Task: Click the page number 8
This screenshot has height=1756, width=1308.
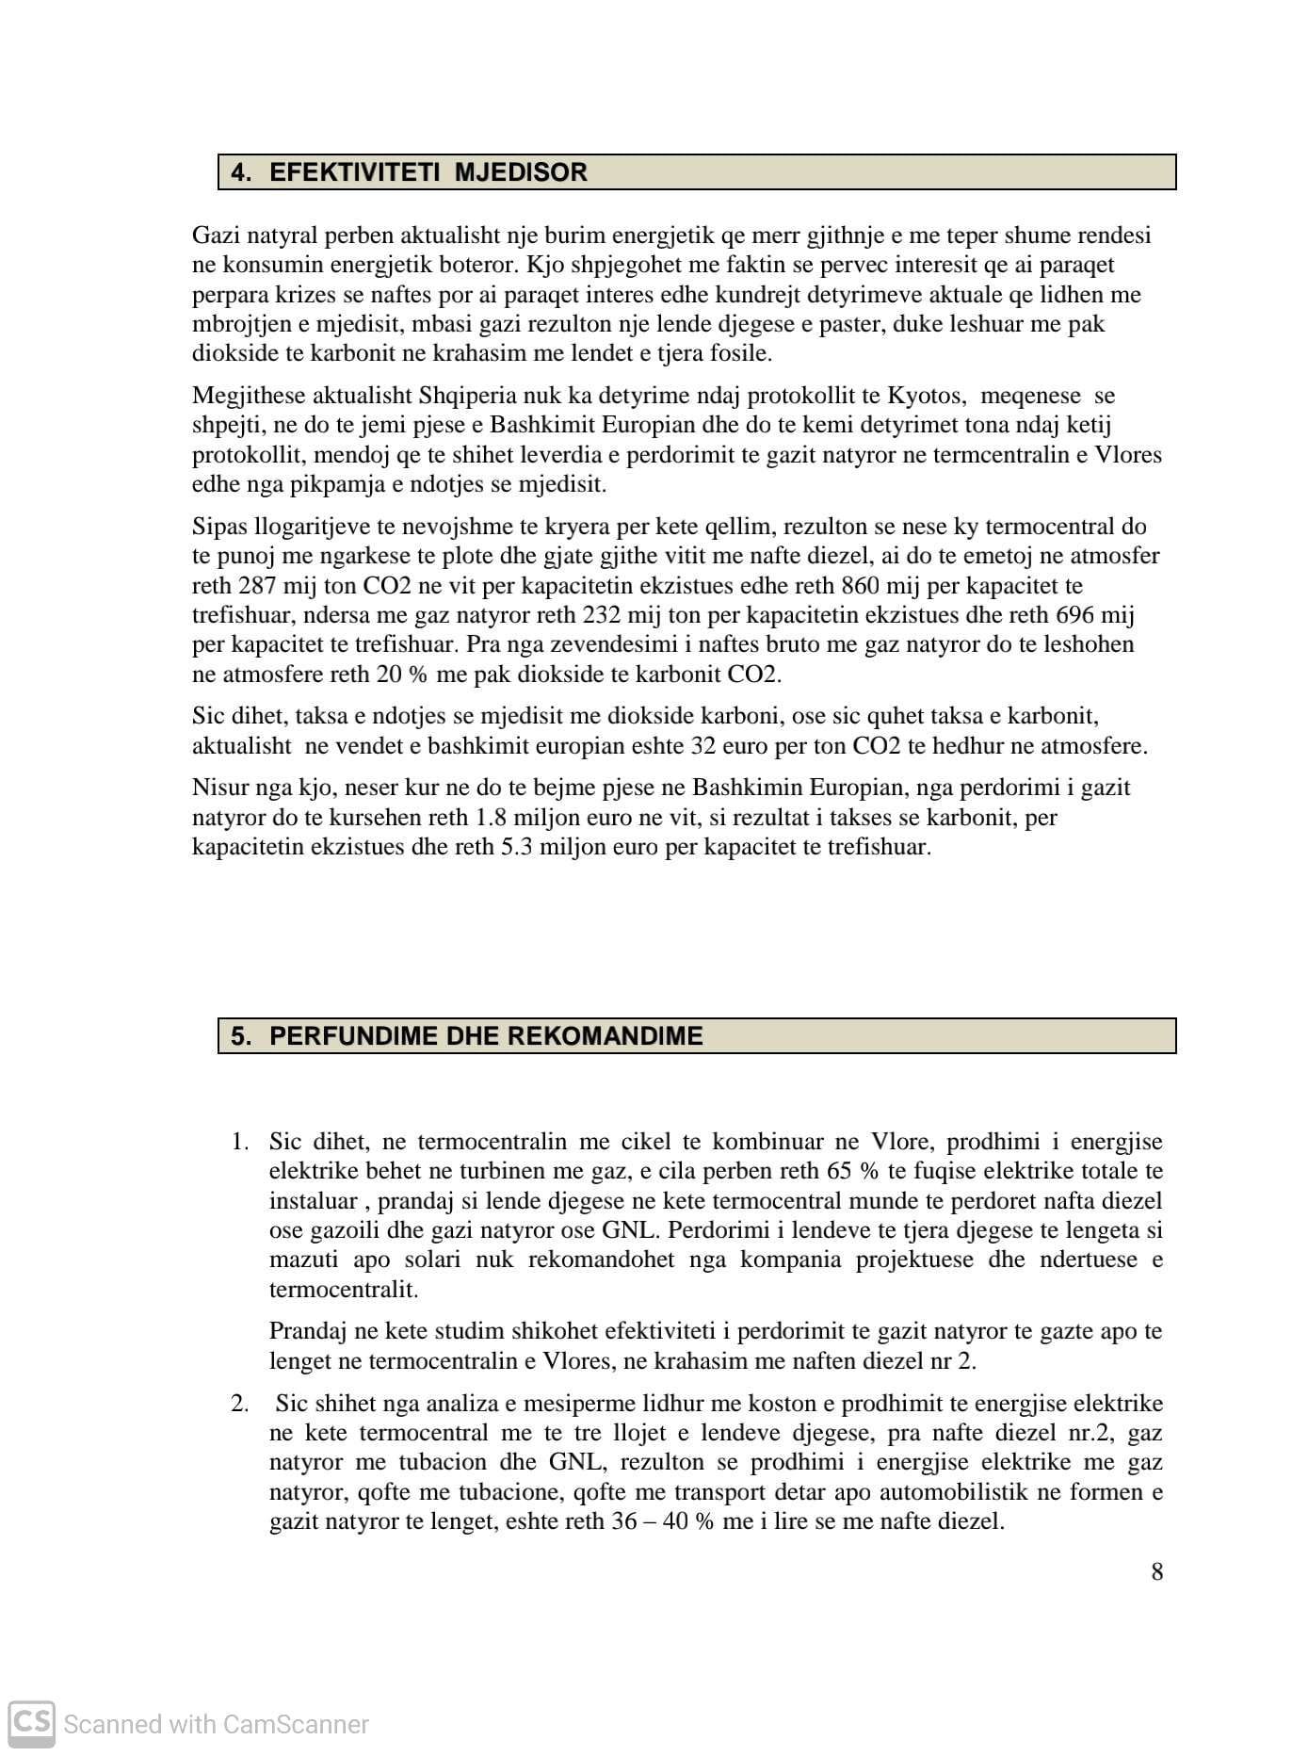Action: click(1156, 1571)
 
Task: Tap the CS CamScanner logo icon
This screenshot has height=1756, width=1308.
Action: click(31, 1722)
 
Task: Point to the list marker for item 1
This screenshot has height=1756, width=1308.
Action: click(240, 1142)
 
